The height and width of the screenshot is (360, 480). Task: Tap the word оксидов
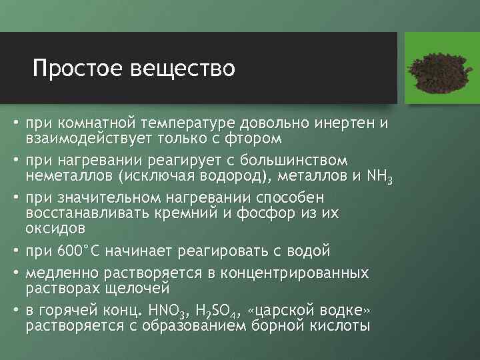tap(55, 229)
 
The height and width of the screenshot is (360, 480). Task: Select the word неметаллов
tap(69, 177)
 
